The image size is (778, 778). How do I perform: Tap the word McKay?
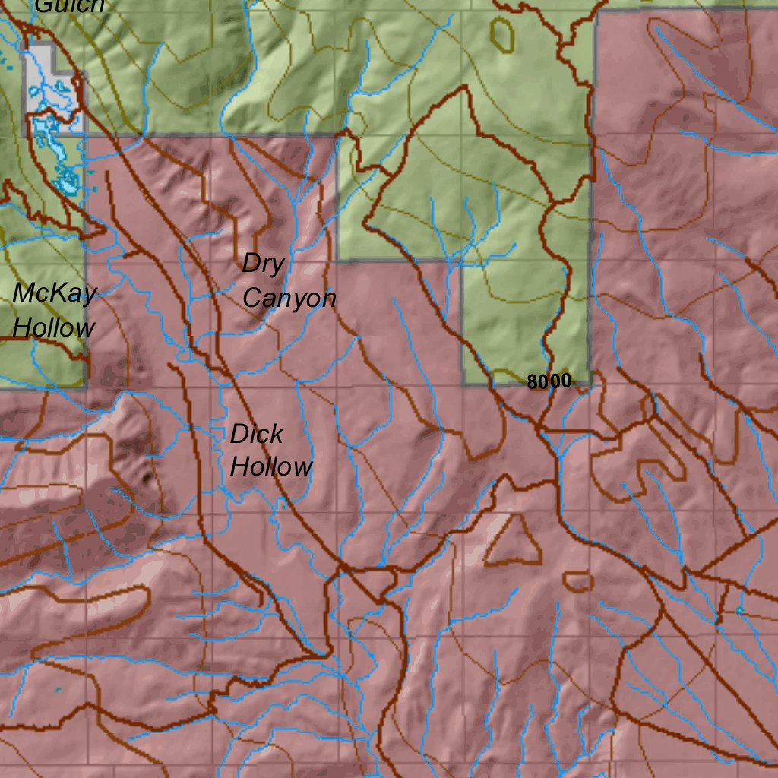click(55, 293)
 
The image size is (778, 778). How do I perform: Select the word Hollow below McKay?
click(55, 327)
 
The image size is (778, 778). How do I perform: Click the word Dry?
click(264, 264)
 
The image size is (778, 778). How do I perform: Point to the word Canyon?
click(289, 299)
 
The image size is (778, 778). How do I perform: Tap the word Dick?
click(257, 435)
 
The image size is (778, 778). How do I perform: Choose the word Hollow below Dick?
click(270, 466)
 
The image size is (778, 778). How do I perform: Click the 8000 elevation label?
click(549, 382)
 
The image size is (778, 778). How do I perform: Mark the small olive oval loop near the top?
click(501, 34)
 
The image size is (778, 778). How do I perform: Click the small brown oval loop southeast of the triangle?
click(578, 582)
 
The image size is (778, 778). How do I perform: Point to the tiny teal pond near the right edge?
click(738, 610)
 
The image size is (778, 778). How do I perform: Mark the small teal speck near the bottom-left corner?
click(58, 689)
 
